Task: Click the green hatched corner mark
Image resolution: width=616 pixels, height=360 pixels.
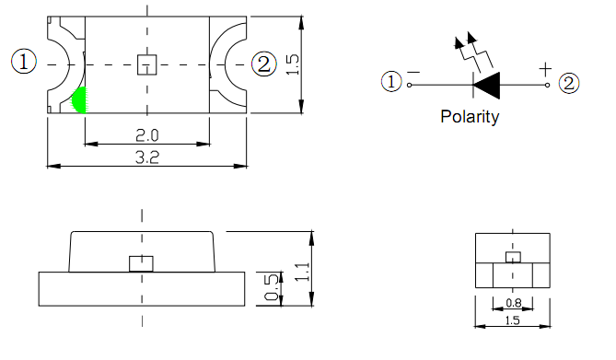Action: coord(79,100)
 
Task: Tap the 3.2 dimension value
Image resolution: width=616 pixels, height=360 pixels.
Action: coord(147,157)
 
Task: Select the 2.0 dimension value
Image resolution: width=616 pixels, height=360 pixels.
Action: coord(147,135)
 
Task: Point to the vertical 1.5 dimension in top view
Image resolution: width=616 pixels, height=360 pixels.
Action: coord(292,64)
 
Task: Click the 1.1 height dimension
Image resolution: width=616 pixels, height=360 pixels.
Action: coord(302,272)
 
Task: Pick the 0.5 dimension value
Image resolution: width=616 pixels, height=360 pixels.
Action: coord(271,287)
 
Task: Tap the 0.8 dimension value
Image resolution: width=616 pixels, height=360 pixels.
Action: coord(514,303)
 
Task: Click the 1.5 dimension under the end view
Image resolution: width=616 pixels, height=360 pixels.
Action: coord(513,320)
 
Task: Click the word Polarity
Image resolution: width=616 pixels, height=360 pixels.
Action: coord(470,117)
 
